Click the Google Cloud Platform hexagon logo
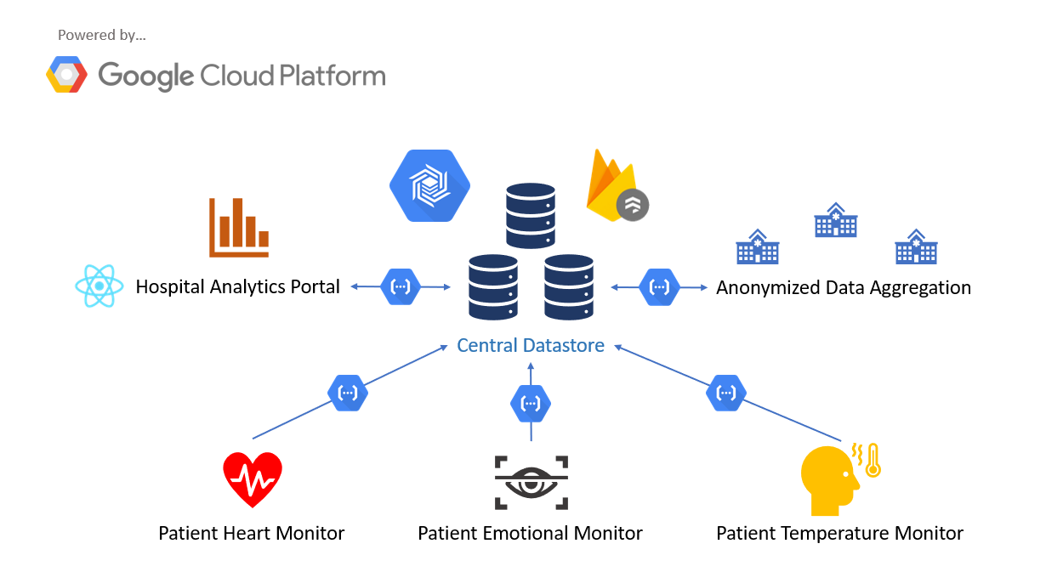pos(66,75)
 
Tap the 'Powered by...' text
pos(102,35)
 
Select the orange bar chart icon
pos(239,227)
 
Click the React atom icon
pos(99,286)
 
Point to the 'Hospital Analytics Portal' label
pos(238,287)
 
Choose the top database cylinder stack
pos(531,215)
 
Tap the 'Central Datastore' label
pos(531,345)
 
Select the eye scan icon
pos(531,482)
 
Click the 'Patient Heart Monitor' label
pos(252,534)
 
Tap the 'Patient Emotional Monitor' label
pos(530,534)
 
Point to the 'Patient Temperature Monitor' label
pos(839,534)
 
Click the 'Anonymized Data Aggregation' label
pos(843,287)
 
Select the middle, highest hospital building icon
pos(835,220)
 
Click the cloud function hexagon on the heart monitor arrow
pos(348,393)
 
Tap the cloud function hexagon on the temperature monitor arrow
pos(726,393)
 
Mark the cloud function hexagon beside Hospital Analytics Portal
pos(401,287)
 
